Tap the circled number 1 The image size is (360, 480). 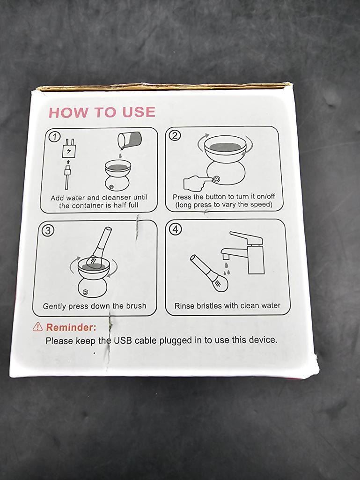point(55,137)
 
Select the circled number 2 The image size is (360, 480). point(175,135)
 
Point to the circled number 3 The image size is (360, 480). point(48,230)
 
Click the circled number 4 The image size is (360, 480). point(176,229)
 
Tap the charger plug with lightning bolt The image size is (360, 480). point(68,148)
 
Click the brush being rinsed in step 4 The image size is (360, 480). point(209,273)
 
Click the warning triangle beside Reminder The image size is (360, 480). point(37,326)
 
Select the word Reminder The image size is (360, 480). point(71,327)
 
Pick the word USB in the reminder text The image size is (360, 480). point(123,340)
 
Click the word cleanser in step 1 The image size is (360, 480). point(116,198)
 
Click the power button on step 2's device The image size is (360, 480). point(216,179)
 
